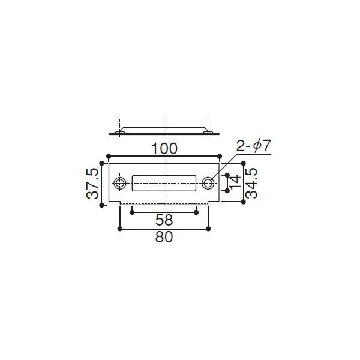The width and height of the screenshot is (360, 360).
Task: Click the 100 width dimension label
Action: pyautogui.click(x=164, y=148)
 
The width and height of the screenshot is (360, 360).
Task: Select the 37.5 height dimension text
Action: pyautogui.click(x=91, y=184)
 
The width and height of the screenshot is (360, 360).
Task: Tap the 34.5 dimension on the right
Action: pyautogui.click(x=252, y=182)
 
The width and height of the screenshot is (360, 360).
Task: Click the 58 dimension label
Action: pyautogui.click(x=164, y=220)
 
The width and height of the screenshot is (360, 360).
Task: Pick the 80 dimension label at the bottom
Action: pyautogui.click(x=164, y=237)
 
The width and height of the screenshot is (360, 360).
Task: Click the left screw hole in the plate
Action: pyautogui.click(x=120, y=182)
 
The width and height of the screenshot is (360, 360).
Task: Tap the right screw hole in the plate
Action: pyautogui.click(x=208, y=182)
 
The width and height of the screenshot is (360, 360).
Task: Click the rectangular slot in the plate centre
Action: pyautogui.click(x=164, y=182)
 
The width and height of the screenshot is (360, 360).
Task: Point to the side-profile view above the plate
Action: pyautogui.click(x=164, y=131)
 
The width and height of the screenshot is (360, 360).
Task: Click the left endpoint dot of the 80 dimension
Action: pyautogui.click(x=121, y=229)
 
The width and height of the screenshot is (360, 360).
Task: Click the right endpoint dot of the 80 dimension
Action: pyautogui.click(x=208, y=229)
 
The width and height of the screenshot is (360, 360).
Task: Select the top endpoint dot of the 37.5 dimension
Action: pyautogui.click(x=101, y=163)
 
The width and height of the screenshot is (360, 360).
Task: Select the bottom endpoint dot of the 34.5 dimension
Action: pyautogui.click(x=244, y=202)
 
